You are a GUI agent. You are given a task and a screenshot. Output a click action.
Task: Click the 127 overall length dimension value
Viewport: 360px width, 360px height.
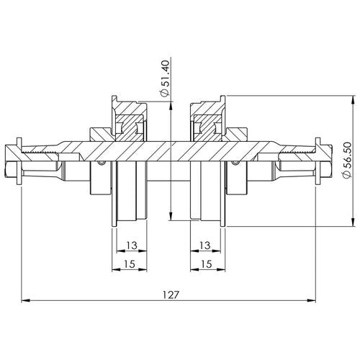click(171, 294)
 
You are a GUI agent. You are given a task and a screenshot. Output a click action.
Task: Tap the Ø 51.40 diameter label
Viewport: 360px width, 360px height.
click(166, 78)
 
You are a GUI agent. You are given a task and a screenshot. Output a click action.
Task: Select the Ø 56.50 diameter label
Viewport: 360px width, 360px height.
click(346, 161)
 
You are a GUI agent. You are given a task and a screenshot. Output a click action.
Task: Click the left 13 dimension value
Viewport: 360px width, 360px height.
click(132, 246)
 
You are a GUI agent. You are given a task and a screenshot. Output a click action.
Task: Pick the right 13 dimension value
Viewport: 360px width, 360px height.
click(205, 246)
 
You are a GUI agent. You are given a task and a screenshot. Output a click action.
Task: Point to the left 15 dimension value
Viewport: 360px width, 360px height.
click(130, 264)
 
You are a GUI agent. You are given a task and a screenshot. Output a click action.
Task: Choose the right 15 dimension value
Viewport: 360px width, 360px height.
click(207, 264)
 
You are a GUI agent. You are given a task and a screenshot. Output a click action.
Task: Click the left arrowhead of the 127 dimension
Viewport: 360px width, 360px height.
click(25, 300)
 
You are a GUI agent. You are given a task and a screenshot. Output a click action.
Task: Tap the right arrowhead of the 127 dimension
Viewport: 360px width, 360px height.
click(312, 300)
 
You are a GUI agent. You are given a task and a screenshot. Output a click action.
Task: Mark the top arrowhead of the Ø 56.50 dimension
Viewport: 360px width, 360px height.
click(353, 100)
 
